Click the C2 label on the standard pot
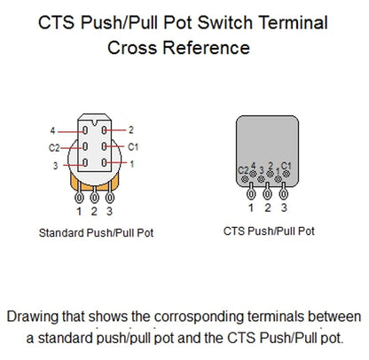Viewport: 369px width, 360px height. click(54, 147)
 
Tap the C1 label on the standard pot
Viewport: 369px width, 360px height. click(132, 146)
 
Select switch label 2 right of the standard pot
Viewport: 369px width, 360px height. click(131, 129)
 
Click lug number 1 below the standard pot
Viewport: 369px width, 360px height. click(79, 211)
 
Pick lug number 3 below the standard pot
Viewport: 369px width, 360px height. click(110, 211)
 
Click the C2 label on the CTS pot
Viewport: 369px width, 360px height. click(244, 169)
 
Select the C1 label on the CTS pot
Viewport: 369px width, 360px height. click(283, 168)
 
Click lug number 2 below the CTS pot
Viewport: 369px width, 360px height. click(267, 207)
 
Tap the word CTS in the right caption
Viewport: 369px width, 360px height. click(233, 230)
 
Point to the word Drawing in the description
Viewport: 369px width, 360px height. click(33, 317)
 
